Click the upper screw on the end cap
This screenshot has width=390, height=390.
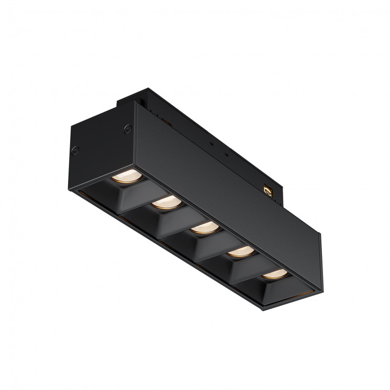pyautogui.click(x=126, y=128)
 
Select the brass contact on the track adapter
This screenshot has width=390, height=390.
pyautogui.click(x=269, y=190)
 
